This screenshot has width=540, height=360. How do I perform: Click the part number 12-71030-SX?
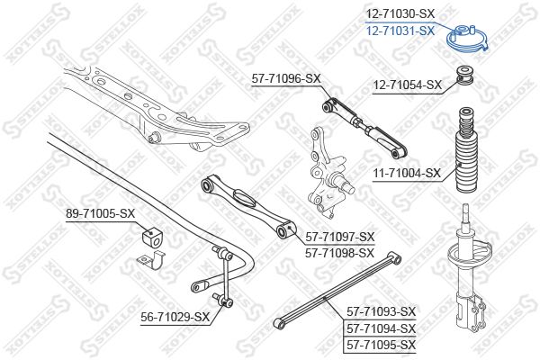(x=400, y=13)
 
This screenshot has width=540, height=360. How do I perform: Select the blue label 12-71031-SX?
(x=400, y=31)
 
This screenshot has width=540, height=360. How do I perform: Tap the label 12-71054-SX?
(x=407, y=85)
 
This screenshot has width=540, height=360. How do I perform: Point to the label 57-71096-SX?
(x=286, y=79)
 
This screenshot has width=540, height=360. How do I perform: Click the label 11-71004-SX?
(x=407, y=173)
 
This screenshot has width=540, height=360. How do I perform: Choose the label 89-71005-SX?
(x=101, y=214)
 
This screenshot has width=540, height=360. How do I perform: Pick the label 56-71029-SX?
(x=175, y=317)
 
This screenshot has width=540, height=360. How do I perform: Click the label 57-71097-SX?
(x=339, y=237)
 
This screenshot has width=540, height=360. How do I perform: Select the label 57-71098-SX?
(x=339, y=253)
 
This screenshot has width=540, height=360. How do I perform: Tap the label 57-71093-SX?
(x=382, y=311)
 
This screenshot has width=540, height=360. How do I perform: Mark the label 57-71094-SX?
(x=382, y=328)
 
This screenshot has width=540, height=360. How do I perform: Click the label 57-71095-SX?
(x=382, y=345)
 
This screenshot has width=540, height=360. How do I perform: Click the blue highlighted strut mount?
(x=467, y=40)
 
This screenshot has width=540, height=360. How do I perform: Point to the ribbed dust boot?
(x=466, y=150)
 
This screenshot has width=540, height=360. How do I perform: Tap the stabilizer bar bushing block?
(x=151, y=238)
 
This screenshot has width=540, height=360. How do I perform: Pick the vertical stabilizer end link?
(x=223, y=274)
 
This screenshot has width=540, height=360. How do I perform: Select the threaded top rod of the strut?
(x=465, y=215)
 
